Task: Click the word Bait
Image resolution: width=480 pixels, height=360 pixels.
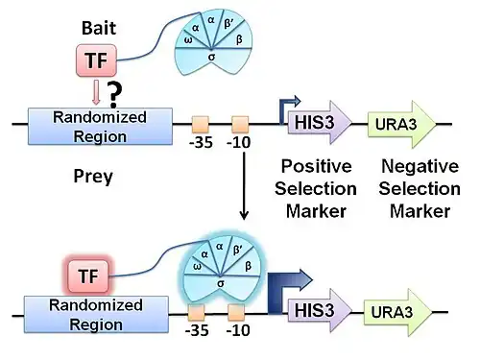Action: pyautogui.click(x=99, y=28)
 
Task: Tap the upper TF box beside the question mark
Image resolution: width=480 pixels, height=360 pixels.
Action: pyautogui.click(x=96, y=60)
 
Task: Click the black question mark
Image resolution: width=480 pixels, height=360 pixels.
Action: pyautogui.click(x=114, y=95)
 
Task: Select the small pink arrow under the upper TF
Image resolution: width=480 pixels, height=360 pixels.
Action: pyautogui.click(x=96, y=93)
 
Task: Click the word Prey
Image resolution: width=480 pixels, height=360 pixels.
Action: pyautogui.click(x=93, y=177)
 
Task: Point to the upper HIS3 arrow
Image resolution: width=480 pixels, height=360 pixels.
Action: pyautogui.click(x=320, y=122)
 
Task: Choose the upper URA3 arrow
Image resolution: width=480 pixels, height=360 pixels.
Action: pyautogui.click(x=401, y=124)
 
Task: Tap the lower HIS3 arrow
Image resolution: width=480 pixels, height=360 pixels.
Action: pyautogui.click(x=320, y=310)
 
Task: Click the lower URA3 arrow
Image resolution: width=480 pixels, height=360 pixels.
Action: pyautogui.click(x=397, y=312)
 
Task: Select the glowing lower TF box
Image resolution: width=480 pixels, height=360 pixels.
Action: pyautogui.click(x=88, y=276)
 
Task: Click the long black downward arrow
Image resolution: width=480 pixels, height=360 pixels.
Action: pyautogui.click(x=244, y=186)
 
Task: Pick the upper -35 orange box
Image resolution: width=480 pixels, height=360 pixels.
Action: pyautogui.click(x=201, y=125)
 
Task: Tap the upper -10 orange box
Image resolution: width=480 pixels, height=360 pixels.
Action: pyautogui.click(x=240, y=125)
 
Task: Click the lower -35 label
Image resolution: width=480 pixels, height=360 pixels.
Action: pyautogui.click(x=197, y=330)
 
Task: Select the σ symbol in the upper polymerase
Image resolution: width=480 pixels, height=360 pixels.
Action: pyautogui.click(x=211, y=58)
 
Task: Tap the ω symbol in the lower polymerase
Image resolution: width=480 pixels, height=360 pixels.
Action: pyautogui.click(x=198, y=267)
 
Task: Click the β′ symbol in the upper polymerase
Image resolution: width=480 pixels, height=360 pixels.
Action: pyautogui.click(x=228, y=24)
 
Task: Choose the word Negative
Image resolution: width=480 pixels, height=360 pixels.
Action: pyautogui.click(x=420, y=166)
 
